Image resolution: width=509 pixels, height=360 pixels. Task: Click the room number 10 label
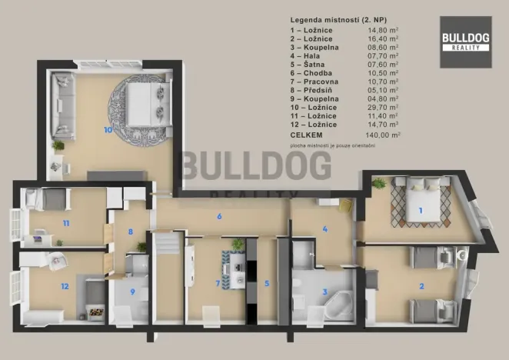(x=107, y=130)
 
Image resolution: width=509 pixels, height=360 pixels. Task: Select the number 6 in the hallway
(x=219, y=216)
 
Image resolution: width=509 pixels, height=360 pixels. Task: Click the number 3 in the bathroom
(x=325, y=292)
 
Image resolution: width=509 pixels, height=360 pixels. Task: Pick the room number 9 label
(x=131, y=292)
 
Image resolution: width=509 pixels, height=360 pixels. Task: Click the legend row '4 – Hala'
(x=308, y=56)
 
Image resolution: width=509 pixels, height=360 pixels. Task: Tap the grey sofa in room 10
(x=61, y=101)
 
